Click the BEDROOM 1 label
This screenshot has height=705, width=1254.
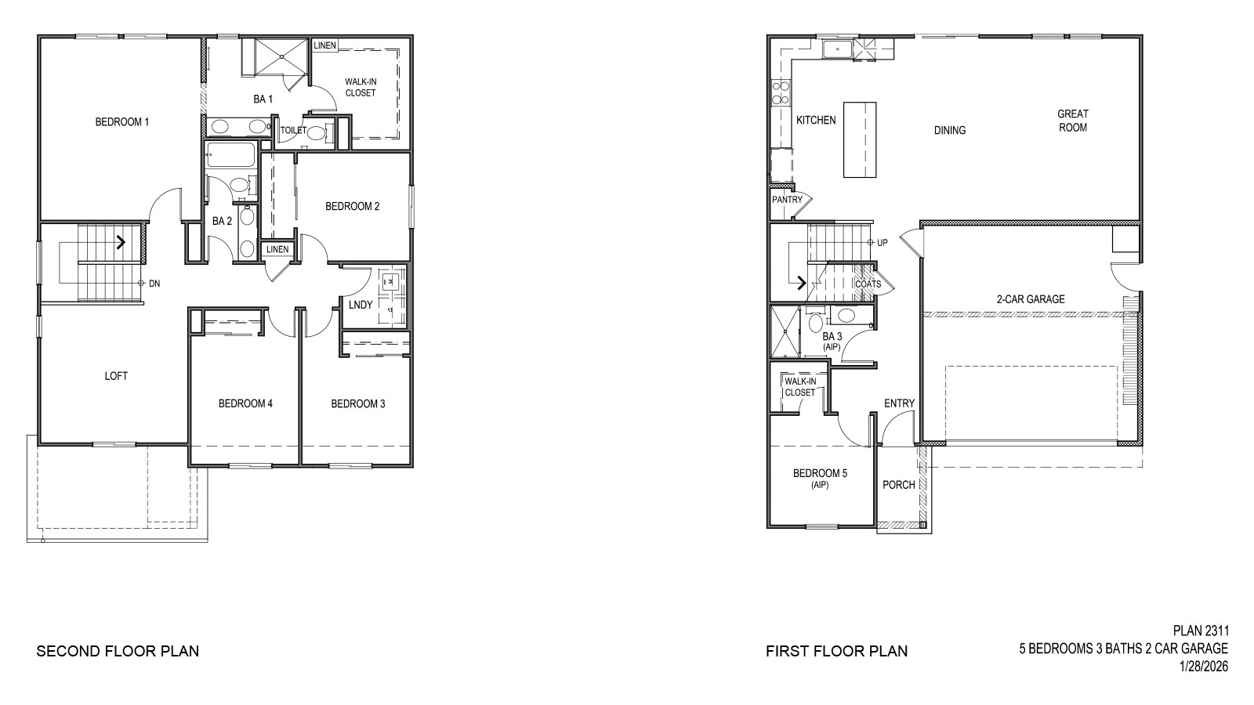[121, 121]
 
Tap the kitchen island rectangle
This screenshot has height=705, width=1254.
[859, 139]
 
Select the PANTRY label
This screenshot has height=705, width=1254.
[787, 200]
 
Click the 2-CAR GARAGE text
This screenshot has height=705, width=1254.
[1031, 299]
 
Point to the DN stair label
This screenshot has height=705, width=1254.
[154, 284]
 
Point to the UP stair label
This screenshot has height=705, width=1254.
[883, 243]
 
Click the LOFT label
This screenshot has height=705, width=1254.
[116, 376]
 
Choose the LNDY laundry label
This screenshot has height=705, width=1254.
[361, 305]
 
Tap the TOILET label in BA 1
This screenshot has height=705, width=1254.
[293, 131]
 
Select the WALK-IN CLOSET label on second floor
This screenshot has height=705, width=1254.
[361, 87]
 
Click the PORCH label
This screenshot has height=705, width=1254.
[899, 485]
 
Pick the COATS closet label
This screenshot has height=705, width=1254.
[868, 284]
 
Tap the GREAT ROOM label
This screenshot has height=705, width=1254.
[1073, 121]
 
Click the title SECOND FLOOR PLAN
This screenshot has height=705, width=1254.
[118, 651]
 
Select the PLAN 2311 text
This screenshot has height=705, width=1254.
[1201, 631]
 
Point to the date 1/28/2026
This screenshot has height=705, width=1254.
[1204, 667]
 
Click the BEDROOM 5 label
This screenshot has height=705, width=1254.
[820, 474]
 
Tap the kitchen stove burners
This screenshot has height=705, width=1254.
[780, 93]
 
